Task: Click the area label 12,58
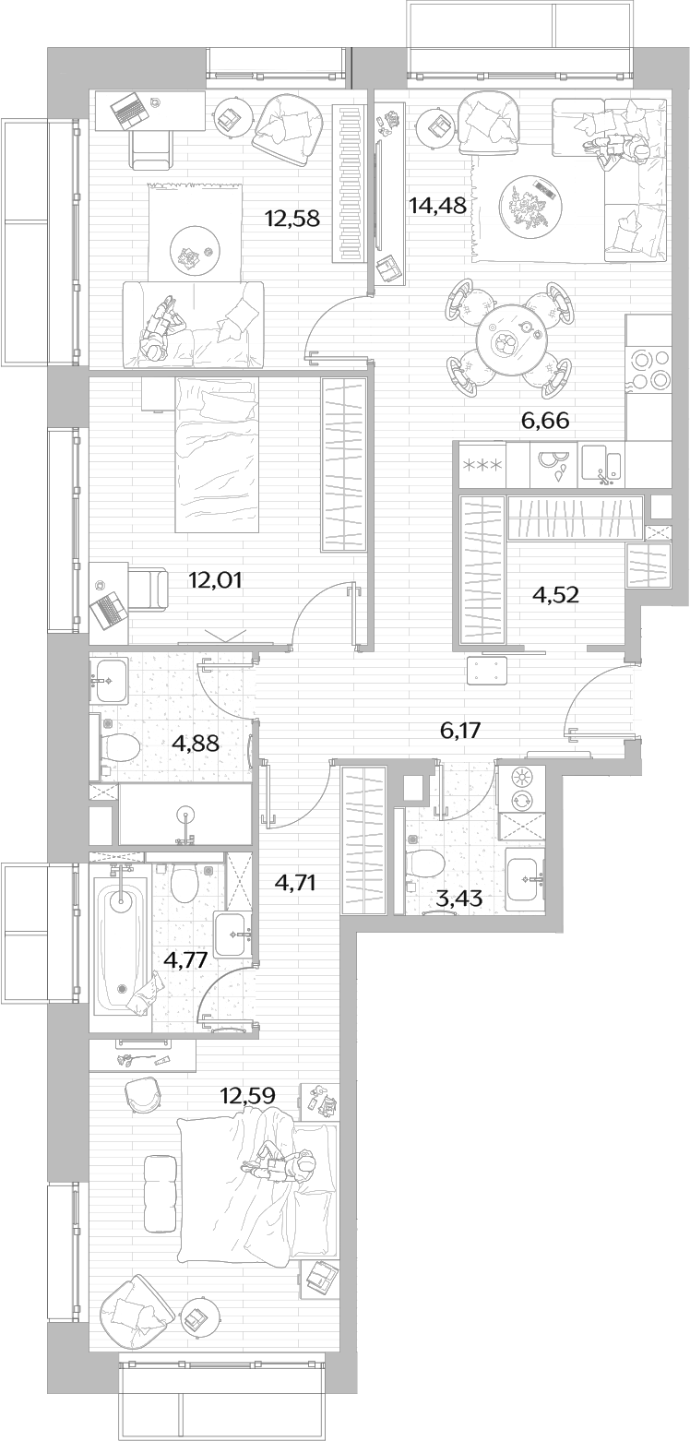292,219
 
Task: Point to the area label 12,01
216,580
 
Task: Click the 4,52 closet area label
556,594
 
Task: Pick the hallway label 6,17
461,730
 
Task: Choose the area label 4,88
196,744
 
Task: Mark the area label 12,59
247,1094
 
